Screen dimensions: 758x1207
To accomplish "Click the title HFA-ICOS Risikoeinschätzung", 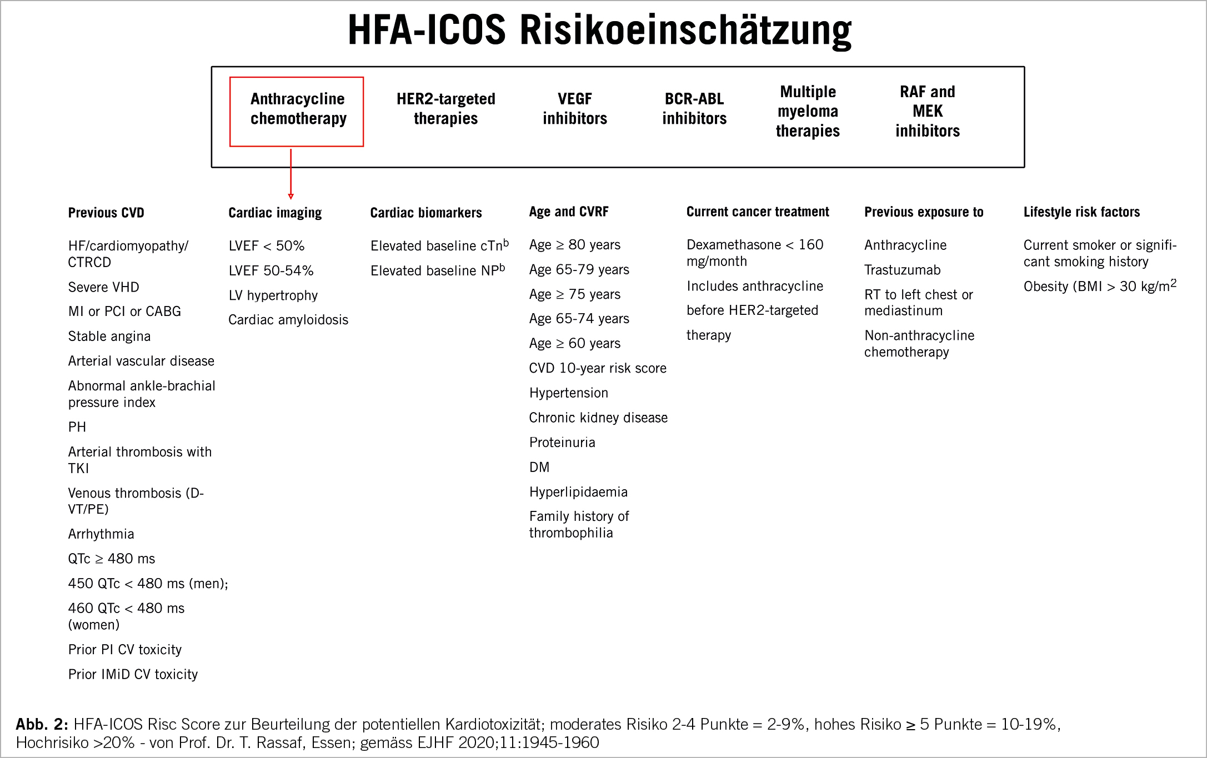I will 599,31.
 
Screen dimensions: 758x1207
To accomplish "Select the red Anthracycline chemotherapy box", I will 297,111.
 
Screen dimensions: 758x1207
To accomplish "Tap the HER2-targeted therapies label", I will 445,108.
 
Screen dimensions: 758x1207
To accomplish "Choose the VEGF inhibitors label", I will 574,108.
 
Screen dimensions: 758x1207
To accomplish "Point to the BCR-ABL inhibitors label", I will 694,108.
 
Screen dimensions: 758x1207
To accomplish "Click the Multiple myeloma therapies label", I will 808,111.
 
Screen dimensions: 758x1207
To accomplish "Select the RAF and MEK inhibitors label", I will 927,111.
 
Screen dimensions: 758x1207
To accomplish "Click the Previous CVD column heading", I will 106,213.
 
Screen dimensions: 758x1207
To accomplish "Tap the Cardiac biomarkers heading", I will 426,213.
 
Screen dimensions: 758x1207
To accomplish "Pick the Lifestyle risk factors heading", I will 1081,212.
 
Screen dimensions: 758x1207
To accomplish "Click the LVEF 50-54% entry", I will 271,270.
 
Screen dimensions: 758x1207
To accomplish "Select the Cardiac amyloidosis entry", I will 288,320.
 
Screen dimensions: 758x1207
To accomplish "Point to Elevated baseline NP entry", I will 437,270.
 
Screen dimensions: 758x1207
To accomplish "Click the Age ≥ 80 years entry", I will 574,245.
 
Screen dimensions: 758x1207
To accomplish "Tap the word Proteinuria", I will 562,443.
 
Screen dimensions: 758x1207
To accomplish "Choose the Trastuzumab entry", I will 902,270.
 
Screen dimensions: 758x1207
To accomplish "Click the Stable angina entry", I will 109,337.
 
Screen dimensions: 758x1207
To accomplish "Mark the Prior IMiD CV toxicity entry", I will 133,674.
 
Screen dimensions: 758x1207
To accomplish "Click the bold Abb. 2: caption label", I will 42,724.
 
